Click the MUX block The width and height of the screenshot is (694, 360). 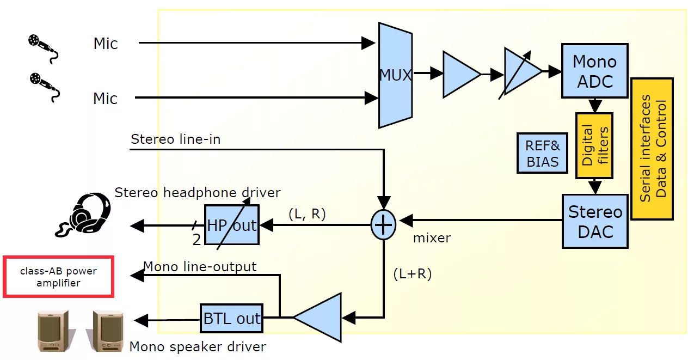(395, 75)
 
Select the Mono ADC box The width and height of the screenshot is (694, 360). (595, 71)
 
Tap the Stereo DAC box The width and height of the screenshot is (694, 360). (595, 221)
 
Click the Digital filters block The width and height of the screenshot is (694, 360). (594, 145)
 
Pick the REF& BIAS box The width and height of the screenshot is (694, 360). (542, 153)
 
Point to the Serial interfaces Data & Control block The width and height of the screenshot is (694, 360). (652, 149)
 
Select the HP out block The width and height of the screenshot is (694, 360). (232, 225)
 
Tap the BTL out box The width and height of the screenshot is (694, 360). (232, 319)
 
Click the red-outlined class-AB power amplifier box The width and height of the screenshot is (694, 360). (59, 277)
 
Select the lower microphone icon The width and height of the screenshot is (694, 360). (44, 87)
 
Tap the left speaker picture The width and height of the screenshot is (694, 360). (53, 331)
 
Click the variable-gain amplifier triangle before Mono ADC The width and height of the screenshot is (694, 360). (520, 72)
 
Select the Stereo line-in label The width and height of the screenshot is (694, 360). (176, 139)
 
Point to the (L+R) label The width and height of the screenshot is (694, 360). (412, 274)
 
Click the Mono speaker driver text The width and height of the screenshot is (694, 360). (198, 346)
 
